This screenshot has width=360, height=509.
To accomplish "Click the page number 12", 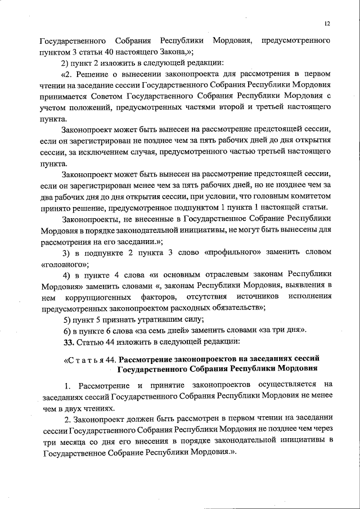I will click(x=327, y=23).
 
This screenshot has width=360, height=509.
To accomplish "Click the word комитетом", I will click(x=310, y=195).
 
